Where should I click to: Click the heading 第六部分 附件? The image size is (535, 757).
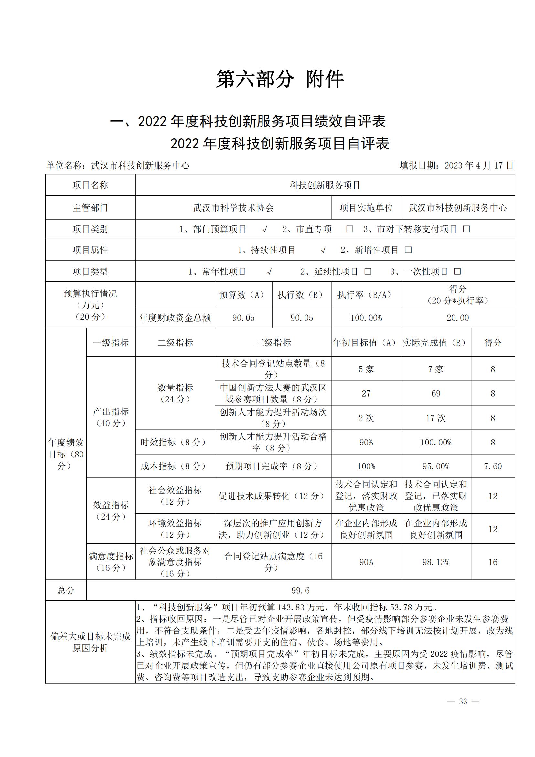[280, 80]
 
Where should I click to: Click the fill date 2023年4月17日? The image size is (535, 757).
[456, 165]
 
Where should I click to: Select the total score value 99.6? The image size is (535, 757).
[300, 590]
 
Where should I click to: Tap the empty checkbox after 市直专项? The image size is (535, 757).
[349, 229]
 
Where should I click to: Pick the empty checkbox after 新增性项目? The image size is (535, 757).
[408, 250]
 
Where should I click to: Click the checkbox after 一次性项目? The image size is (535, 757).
[457, 271]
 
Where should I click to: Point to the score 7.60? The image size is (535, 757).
[493, 466]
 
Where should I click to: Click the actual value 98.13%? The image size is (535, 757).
[436, 562]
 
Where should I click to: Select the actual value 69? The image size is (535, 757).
[436, 393]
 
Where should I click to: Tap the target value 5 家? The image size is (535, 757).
[366, 369]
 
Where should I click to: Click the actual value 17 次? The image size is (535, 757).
[436, 418]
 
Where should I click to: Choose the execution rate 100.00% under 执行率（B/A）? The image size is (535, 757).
[366, 318]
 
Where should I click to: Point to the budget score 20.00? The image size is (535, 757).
[458, 318]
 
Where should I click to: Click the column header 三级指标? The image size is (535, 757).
[273, 343]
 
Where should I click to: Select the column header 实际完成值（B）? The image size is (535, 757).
[435, 343]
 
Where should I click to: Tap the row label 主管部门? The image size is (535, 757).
[90, 208]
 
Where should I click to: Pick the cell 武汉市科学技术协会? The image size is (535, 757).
[233, 208]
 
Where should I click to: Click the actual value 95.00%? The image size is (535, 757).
[436, 466]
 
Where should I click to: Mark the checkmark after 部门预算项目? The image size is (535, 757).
[264, 229]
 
